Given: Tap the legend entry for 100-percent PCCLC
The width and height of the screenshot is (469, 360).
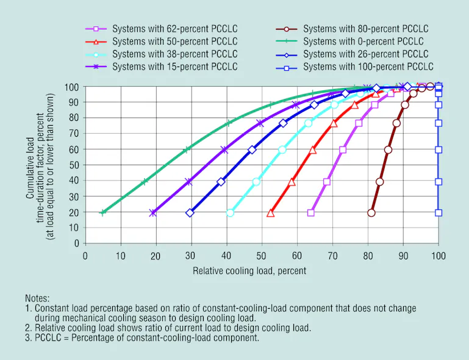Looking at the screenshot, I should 368,67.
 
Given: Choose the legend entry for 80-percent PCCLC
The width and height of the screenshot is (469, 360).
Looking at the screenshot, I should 365,29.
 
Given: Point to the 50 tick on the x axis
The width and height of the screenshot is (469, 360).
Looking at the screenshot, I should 262,256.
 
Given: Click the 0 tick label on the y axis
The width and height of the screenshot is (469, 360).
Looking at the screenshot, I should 77,243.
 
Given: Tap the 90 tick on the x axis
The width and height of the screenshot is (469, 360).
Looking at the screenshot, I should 403,256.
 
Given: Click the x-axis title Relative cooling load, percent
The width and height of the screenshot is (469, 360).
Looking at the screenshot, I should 249,270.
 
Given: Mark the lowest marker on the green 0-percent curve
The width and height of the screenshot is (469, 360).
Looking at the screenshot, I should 103,212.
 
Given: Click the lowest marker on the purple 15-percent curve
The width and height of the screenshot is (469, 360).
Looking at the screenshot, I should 153,213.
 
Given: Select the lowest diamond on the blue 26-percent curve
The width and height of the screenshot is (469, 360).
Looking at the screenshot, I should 190,213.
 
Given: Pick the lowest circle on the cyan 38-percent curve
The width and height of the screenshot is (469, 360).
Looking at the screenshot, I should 230,213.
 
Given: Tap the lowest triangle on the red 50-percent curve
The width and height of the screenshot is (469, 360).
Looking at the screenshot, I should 271,213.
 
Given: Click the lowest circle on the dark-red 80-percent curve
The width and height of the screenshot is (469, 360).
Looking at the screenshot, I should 371,213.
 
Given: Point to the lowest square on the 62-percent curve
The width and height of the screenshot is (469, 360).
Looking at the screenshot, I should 311,213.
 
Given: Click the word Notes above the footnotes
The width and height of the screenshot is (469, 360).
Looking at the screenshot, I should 38,298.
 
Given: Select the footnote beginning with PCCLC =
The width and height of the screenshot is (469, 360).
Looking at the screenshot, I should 142,337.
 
